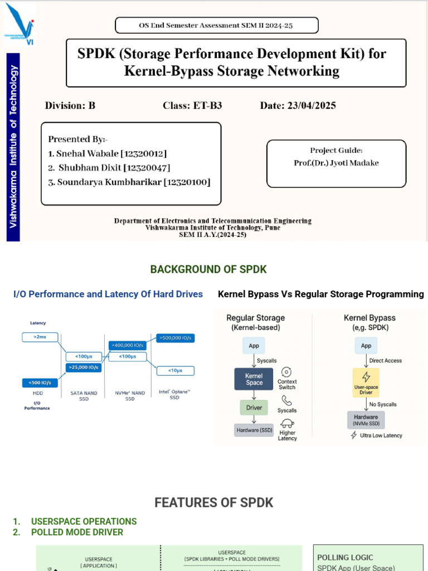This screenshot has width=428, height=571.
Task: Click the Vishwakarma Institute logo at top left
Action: click(20, 24)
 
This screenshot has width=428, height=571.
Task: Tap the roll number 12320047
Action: click(147, 168)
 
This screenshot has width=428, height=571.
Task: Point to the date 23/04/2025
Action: click(312, 105)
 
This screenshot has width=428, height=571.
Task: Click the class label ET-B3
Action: click(207, 105)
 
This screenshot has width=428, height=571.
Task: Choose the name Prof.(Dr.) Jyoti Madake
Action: click(336, 163)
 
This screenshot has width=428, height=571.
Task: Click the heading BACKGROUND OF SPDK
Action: click(208, 269)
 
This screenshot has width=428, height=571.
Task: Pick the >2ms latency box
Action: click(40, 337)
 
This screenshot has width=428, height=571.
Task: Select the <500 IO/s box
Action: click(40, 383)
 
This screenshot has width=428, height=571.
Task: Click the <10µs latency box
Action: click(176, 370)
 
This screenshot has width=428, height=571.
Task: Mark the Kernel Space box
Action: click(254, 379)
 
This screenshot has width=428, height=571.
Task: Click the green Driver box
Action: click(254, 408)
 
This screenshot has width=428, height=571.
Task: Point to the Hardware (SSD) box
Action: click(254, 429)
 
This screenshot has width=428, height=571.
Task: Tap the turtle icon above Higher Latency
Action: click(288, 423)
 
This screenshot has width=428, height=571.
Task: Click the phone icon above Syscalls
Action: click(287, 400)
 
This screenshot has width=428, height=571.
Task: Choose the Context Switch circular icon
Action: click(287, 372)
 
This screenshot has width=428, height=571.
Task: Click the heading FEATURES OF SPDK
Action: click(214, 503)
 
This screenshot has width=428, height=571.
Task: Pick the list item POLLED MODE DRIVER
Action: click(77, 532)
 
